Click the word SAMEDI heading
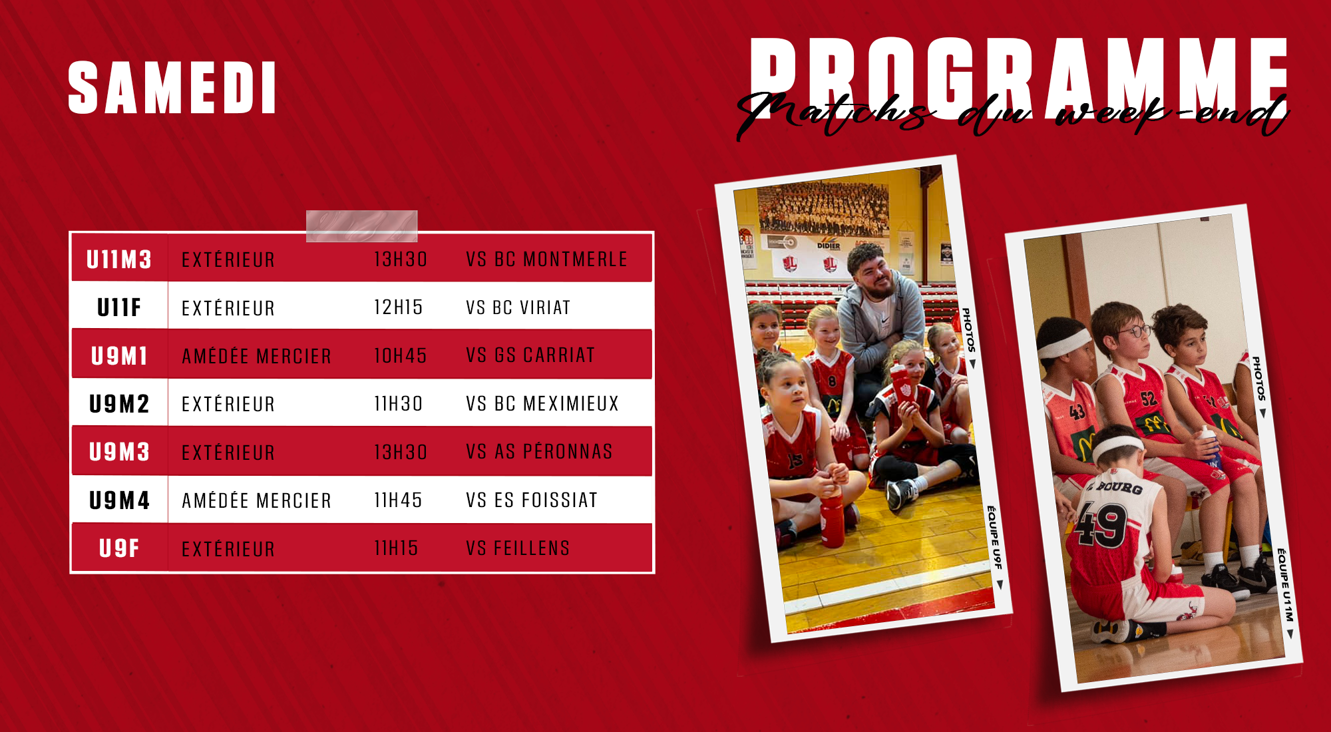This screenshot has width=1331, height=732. coord(172,88)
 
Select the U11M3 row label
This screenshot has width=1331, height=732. coord(119,260)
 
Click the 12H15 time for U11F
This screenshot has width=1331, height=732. coord(399,307)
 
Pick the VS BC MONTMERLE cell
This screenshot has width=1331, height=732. coord(546,259)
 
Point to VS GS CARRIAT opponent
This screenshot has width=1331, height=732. coord(530,355)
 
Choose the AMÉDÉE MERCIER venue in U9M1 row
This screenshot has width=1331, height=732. coord(256,356)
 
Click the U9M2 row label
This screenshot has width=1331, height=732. coord(119,404)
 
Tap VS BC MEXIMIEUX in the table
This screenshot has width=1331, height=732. coord(542,403)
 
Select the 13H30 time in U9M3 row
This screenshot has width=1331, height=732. coord(400,452)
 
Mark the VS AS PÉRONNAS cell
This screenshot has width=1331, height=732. coord(539,451)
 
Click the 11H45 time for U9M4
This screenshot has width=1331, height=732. coord(398,500)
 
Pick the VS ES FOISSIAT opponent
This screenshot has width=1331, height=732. coord(532,500)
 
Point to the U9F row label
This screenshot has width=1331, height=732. coord(119,548)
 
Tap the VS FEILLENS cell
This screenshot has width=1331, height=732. coord(518,548)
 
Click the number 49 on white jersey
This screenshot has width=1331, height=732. coord(1101,524)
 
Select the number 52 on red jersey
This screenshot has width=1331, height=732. coord(1149,399)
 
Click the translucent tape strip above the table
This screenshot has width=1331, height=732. coord(361,226)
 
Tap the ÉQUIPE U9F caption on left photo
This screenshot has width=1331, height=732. coord(994,538)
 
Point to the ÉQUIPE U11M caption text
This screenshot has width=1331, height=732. coord(1285,586)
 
